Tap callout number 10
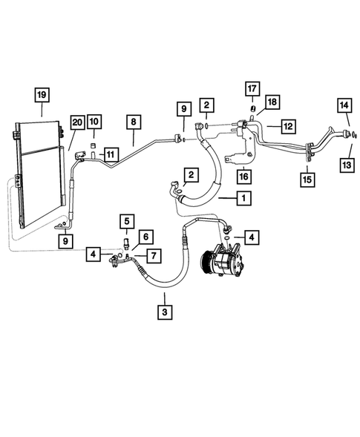tap(94, 122)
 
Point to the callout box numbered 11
tap(111, 154)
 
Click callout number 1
tap(242, 198)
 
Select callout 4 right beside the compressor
tap(253, 237)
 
